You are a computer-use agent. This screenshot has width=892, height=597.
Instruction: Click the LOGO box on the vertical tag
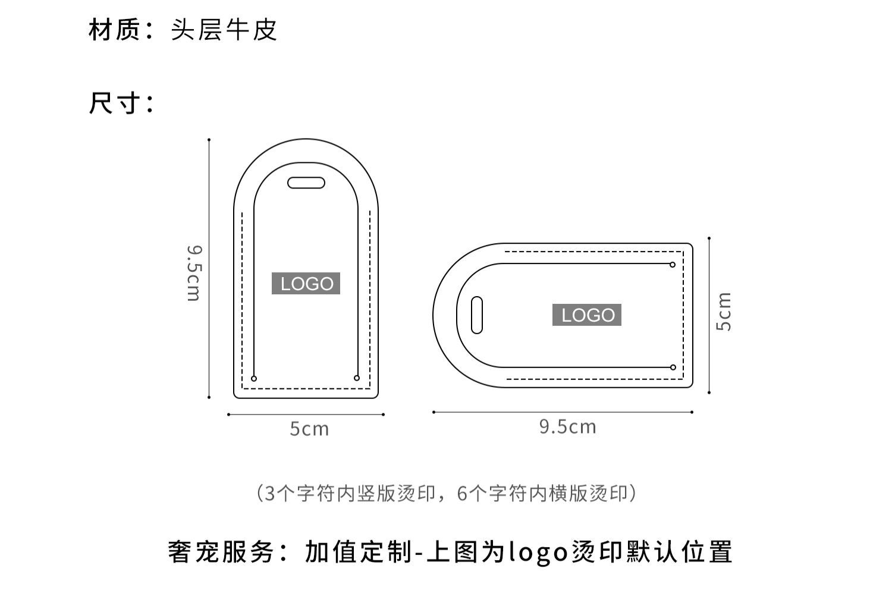click(x=306, y=284)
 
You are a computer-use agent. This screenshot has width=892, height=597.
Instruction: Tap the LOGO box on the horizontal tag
click(x=587, y=315)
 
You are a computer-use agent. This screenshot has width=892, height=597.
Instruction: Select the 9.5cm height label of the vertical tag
click(x=194, y=273)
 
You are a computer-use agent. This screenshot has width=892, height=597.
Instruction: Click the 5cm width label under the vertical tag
click(x=309, y=429)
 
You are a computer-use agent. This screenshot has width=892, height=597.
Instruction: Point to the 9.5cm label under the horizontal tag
click(x=567, y=427)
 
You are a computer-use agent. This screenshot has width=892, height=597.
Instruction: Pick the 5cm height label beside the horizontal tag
click(x=724, y=311)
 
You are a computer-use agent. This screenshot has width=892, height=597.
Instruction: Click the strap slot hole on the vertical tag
click(x=306, y=182)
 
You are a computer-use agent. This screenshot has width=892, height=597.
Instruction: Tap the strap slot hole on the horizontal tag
click(x=477, y=315)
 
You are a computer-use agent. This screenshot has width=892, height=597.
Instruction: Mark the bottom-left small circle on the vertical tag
click(x=254, y=378)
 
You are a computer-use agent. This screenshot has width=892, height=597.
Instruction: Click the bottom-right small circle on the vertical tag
click(x=357, y=378)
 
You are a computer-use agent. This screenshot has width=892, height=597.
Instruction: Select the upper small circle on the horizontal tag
click(x=673, y=265)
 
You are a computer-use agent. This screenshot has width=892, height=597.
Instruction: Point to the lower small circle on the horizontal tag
click(x=673, y=367)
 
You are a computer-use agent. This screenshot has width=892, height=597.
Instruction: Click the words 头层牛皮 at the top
click(x=224, y=30)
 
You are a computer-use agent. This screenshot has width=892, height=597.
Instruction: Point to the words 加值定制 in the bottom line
click(x=358, y=552)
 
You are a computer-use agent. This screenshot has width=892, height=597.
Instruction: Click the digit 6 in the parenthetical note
click(x=463, y=494)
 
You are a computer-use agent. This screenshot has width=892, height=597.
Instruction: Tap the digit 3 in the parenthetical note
click(x=270, y=494)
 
